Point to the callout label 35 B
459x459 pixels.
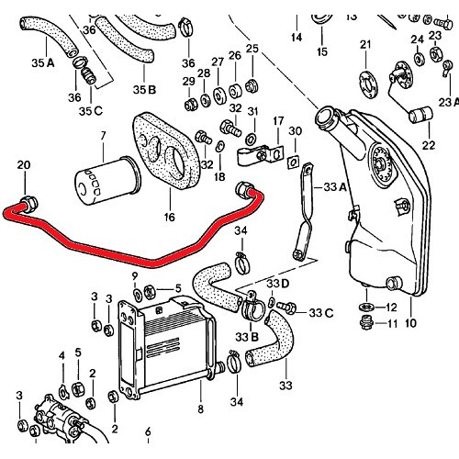pyautogui.click(x=145, y=89)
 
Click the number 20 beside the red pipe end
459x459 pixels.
pyautogui.click(x=23, y=164)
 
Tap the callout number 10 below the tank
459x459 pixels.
pyautogui.click(x=409, y=323)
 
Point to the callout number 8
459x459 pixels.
pyautogui.click(x=200, y=409)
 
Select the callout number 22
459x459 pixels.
pyautogui.click(x=428, y=145)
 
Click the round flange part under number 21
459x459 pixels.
pyautogui.click(x=365, y=77)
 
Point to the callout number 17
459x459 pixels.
pyautogui.click(x=277, y=119)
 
